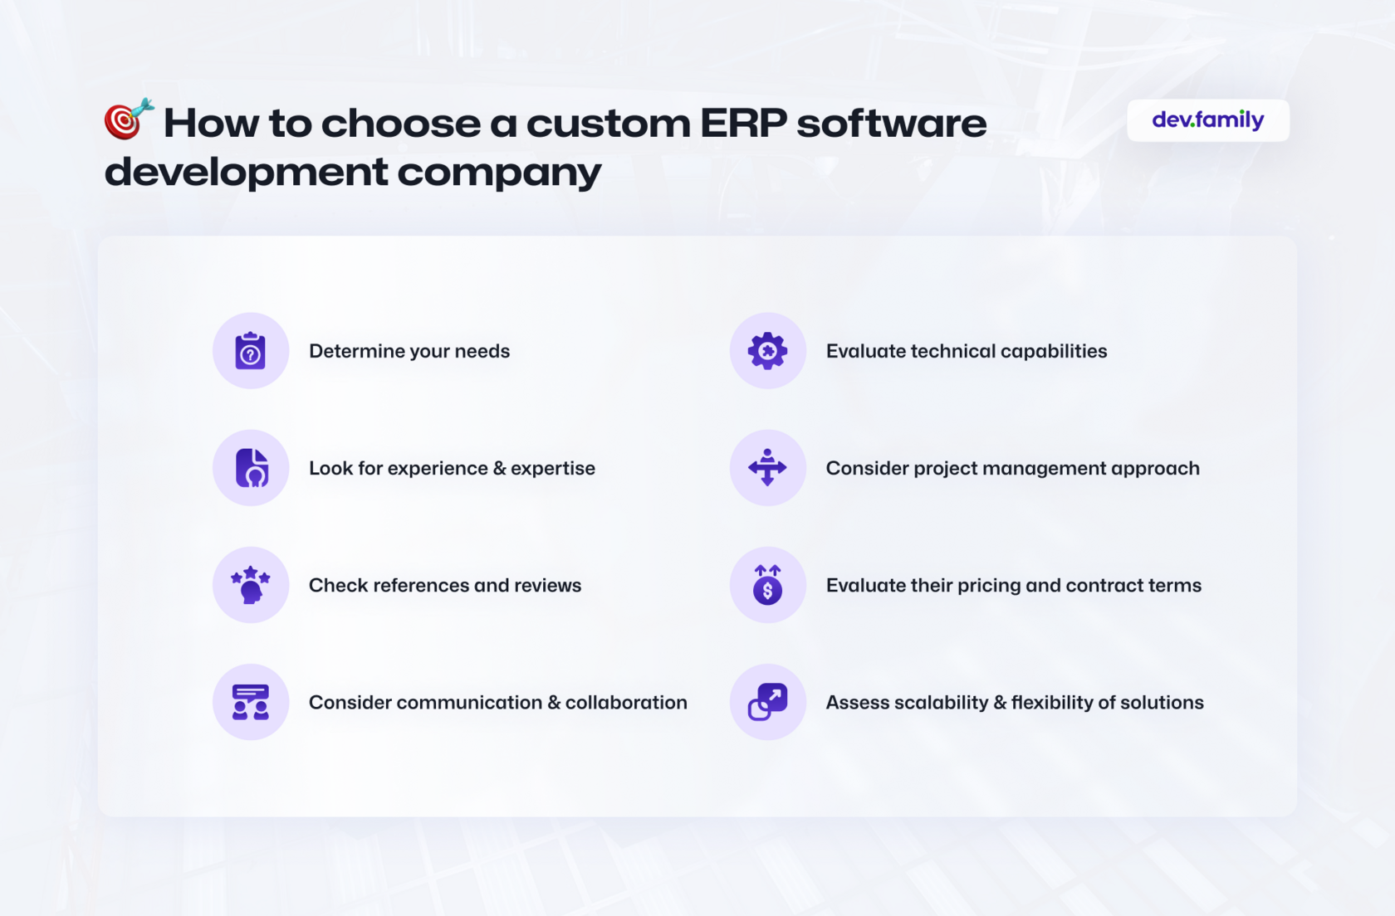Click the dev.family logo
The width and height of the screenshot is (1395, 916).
[1207, 119]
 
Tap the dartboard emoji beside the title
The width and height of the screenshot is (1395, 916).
[129, 118]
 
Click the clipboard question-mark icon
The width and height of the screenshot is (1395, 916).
[251, 351]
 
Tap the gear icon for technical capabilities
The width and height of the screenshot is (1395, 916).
[767, 351]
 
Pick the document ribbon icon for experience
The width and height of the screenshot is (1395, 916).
[252, 468]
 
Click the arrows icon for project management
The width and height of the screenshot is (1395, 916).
[767, 467]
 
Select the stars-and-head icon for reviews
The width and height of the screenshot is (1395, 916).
[251, 585]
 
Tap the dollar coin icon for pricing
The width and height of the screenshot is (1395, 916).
[767, 585]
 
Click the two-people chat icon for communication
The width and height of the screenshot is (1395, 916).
[251, 702]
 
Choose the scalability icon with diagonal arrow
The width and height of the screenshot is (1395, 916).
[767, 702]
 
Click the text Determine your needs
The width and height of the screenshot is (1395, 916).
[409, 352]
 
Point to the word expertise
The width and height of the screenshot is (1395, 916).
[552, 469]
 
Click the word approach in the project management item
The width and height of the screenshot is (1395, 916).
[1154, 469]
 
